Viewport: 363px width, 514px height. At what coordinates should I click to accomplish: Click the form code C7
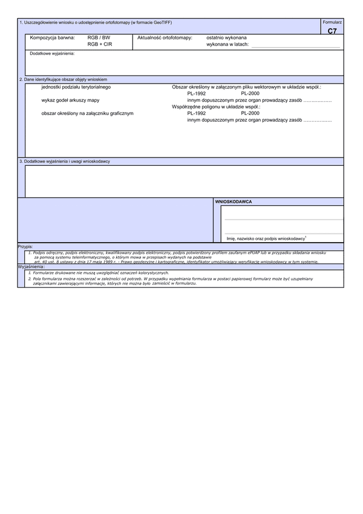coord(332,31)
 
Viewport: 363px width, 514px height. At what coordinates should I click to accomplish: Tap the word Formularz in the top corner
coord(332,22)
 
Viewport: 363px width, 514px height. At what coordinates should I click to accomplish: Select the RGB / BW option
coord(99,38)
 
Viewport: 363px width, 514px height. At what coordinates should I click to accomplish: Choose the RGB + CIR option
coord(100,44)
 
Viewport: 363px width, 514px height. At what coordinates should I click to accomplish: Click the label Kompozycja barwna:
coord(52,38)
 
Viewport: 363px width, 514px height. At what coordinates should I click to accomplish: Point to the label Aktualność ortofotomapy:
coord(165,38)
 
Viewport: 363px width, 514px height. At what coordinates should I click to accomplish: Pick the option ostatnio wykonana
coord(226,38)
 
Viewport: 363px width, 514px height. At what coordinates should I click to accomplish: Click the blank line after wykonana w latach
coord(295,45)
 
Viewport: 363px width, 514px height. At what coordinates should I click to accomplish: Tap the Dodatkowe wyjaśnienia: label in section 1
coord(52,53)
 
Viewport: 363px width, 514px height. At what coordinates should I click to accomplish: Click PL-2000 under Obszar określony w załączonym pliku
coord(250,94)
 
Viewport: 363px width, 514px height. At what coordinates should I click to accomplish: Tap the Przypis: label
coord(25,247)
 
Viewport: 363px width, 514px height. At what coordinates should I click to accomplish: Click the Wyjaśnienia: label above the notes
coord(31,266)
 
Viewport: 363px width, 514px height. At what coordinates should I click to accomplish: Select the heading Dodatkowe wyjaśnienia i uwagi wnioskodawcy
coord(65,162)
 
